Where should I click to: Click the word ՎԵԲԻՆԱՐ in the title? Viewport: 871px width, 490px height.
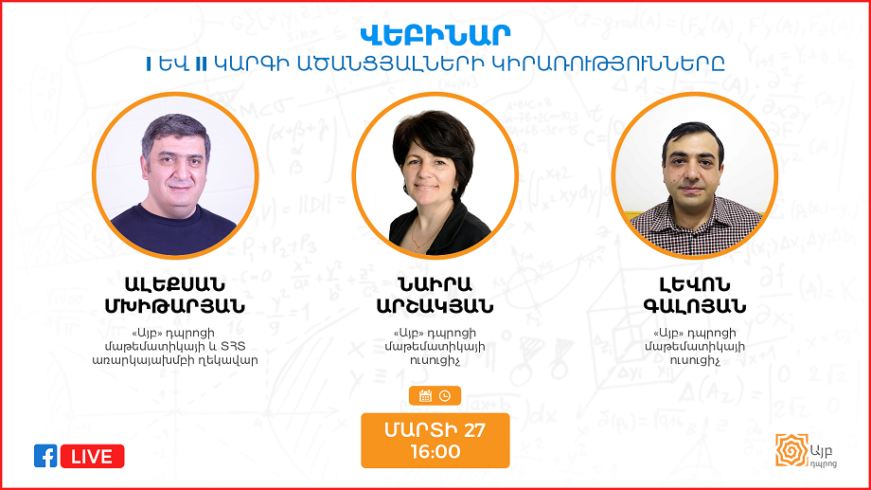click(x=435, y=36)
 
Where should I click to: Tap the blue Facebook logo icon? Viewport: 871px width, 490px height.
click(x=45, y=456)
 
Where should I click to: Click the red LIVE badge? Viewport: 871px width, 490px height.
click(x=92, y=456)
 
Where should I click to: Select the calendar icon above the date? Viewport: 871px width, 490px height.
click(x=425, y=395)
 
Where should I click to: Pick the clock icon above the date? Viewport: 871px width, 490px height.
click(x=444, y=395)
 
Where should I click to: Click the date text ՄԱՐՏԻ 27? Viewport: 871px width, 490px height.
click(x=435, y=430)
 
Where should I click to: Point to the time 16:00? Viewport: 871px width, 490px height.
click(x=435, y=452)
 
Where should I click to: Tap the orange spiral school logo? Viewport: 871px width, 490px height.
click(x=791, y=450)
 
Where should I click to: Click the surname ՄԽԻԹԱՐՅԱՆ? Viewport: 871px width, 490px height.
click(x=175, y=306)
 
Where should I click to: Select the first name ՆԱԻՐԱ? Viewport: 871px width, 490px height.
click(x=435, y=284)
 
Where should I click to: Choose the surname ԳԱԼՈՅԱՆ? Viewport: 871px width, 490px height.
click(x=694, y=306)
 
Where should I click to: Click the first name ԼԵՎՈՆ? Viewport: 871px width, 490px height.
click(x=694, y=284)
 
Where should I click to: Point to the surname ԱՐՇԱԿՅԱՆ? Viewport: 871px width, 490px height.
click(x=435, y=306)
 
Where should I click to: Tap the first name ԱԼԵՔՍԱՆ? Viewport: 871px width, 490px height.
click(x=175, y=284)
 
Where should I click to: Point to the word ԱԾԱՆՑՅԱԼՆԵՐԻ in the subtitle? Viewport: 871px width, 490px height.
click(x=388, y=64)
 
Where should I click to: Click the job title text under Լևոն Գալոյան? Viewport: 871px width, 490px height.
click(x=694, y=347)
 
